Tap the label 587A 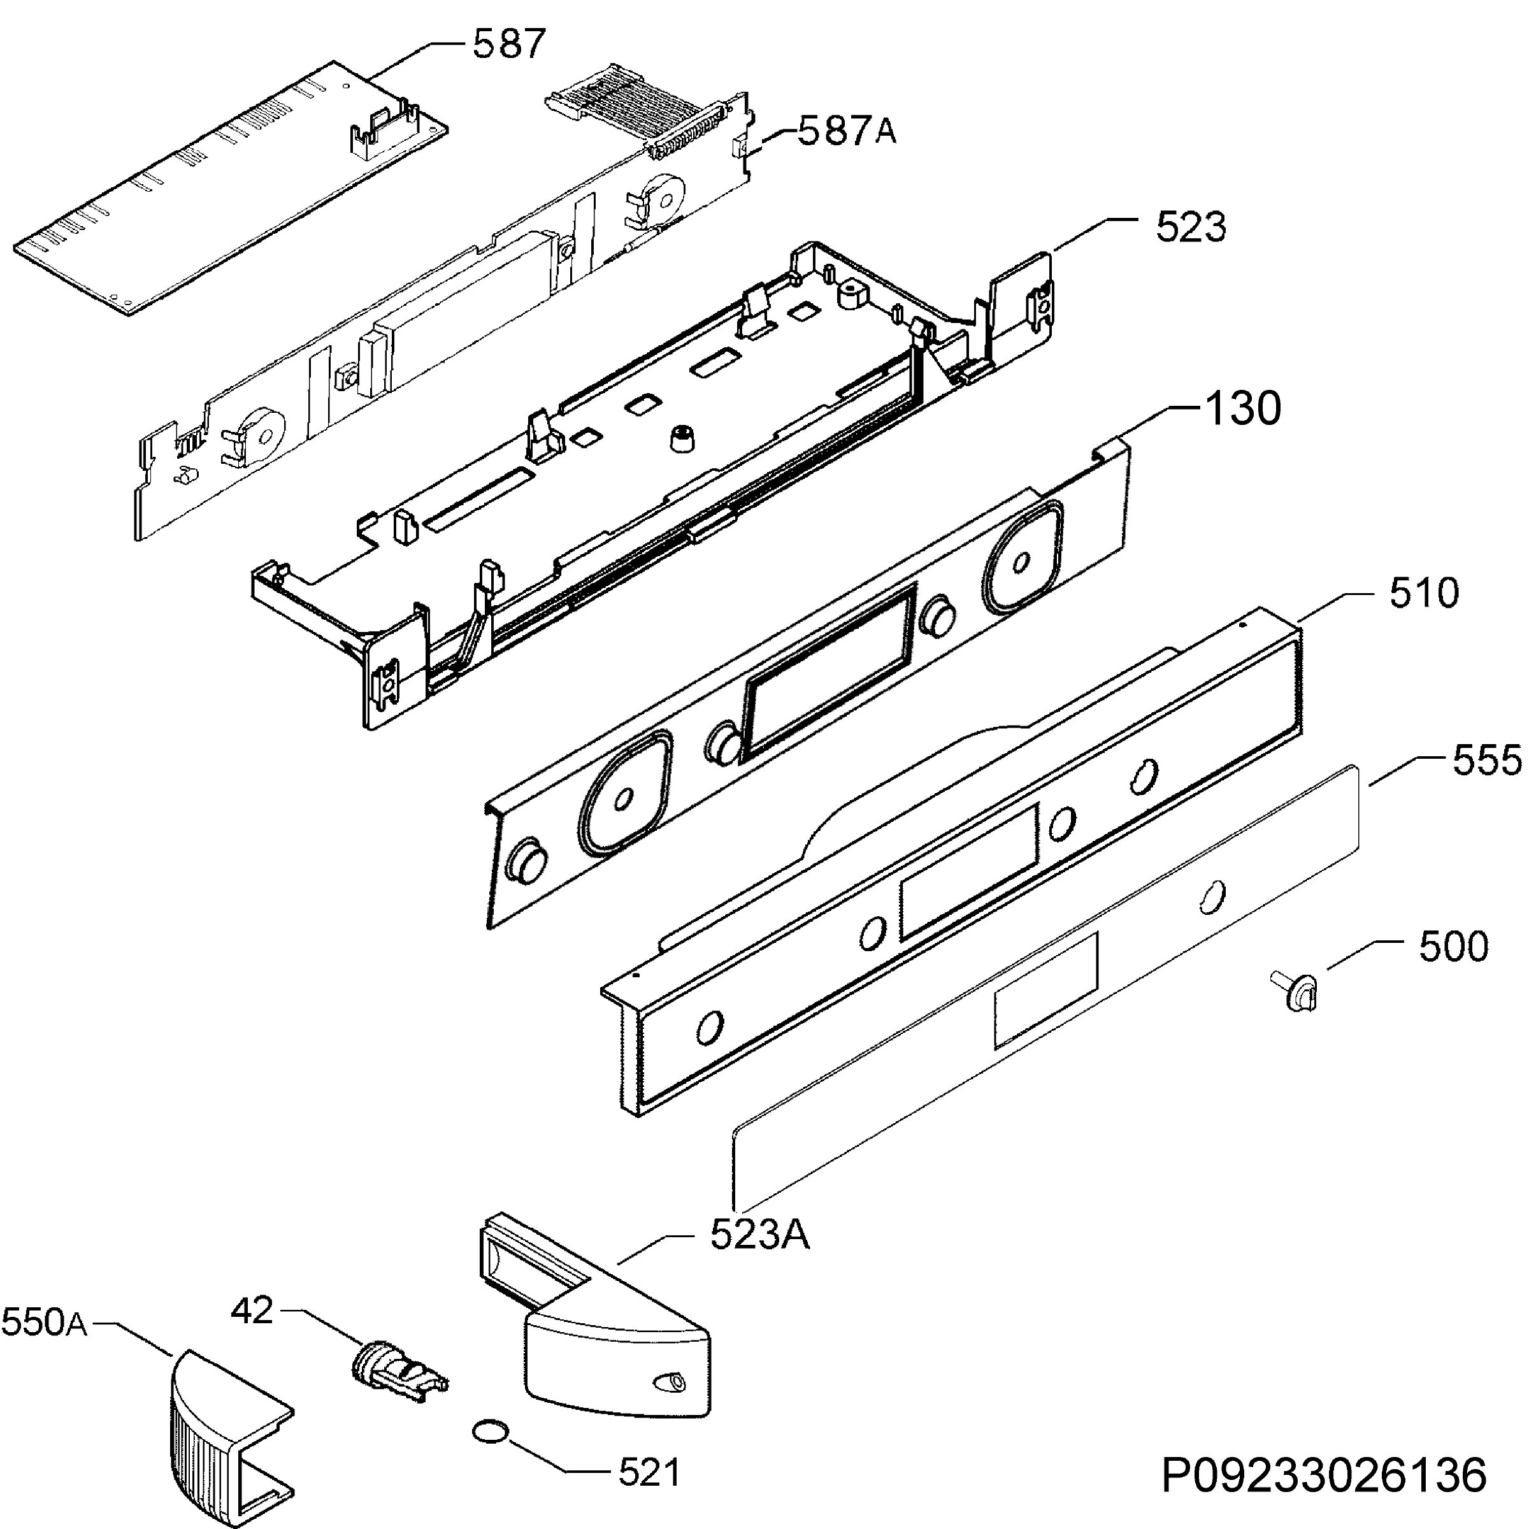coord(847,131)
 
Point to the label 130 coord(1242,409)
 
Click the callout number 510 coord(1424,594)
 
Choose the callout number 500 coord(1454,947)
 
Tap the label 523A coord(760,1234)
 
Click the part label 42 coord(252,1310)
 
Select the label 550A coord(45,1323)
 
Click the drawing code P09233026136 coord(1323,1476)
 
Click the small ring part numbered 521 coord(490,1431)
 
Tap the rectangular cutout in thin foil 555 coord(1045,990)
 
